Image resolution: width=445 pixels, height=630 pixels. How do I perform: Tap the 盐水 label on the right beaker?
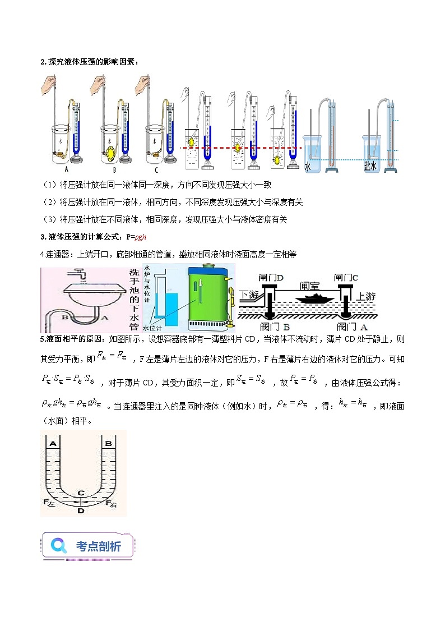click(370, 166)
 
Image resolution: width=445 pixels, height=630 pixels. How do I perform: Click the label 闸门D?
click(272, 278)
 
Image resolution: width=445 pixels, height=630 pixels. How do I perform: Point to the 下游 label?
click(250, 295)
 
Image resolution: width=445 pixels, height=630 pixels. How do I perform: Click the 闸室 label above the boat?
click(309, 284)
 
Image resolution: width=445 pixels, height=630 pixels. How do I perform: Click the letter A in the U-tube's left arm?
click(53, 443)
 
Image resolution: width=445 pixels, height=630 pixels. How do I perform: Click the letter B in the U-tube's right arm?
click(106, 443)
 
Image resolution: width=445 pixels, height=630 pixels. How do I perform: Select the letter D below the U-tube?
click(81, 511)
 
